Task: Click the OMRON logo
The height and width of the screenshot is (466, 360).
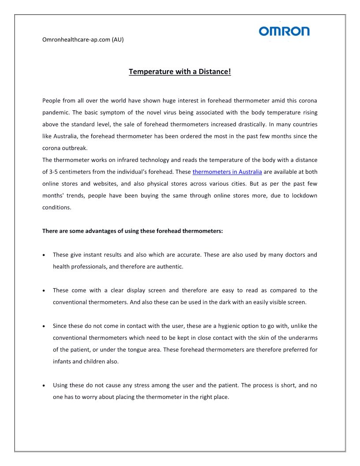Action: coord(284,31)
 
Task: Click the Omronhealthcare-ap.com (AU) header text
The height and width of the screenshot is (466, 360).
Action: coord(83,40)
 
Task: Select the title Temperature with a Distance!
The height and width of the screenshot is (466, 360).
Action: coord(180,71)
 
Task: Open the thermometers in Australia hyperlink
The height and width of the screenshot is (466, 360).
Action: coord(227,172)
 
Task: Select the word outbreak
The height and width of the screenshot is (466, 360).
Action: coord(73,148)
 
